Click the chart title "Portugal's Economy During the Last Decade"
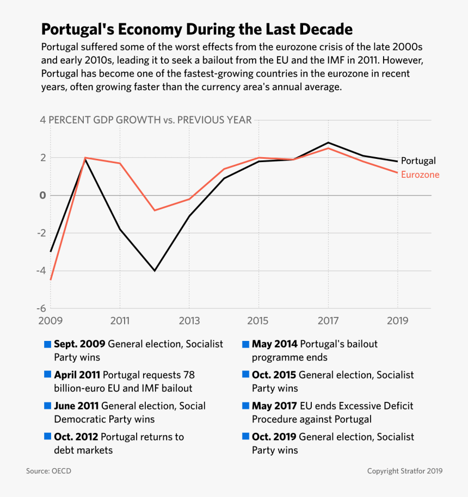[197, 29]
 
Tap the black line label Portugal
[418, 161]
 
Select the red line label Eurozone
[420, 175]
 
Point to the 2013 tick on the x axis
[189, 321]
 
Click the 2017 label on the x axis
[328, 321]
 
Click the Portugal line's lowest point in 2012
[155, 270]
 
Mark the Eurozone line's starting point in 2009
[51, 279]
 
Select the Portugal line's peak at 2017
[328, 142]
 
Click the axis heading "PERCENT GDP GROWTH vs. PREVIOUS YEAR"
[150, 120]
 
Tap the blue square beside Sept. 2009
[47, 345]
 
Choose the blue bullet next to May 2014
[245, 345]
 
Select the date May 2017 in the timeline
[274, 406]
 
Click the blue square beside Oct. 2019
[245, 437]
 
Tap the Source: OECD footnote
[48, 471]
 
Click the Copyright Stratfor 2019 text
[404, 471]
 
